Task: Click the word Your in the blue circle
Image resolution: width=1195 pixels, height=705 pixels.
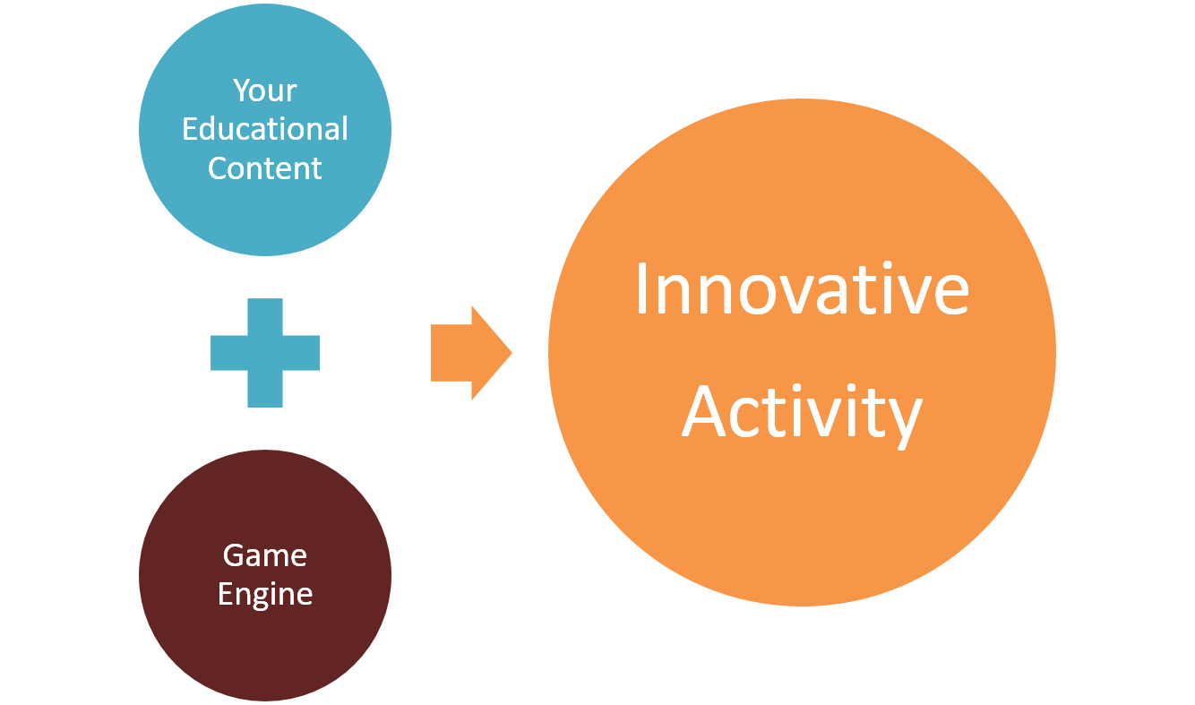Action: [x=264, y=90]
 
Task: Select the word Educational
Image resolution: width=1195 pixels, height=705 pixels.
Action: [x=265, y=129]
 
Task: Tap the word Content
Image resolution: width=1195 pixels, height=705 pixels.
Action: [x=264, y=168]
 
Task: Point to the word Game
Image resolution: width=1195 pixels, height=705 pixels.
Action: [x=264, y=555]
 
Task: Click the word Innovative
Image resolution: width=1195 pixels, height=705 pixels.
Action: [x=802, y=288]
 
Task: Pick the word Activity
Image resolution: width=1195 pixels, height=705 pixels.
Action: [x=802, y=415]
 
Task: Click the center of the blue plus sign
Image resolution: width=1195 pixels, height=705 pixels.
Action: [x=265, y=353]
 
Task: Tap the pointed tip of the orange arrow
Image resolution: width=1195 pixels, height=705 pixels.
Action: [x=512, y=353]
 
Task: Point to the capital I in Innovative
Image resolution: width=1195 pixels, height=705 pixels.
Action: [x=641, y=288]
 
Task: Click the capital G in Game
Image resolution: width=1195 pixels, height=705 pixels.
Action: [x=234, y=555]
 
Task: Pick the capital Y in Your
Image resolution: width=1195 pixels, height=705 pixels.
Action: [x=244, y=90]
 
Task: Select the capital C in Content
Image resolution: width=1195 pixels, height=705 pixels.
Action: [x=219, y=168]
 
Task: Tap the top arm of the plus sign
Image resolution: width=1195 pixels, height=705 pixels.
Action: [x=265, y=316]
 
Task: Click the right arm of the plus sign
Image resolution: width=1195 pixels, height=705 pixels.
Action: [x=301, y=353]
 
